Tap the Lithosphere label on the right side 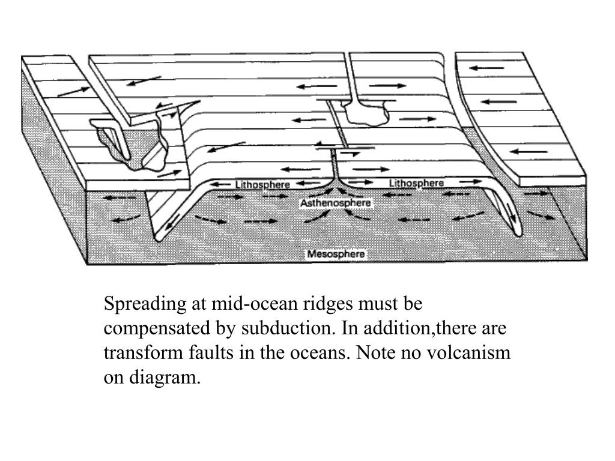[x=416, y=182]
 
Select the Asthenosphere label [x=336, y=203]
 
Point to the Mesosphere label [x=336, y=254]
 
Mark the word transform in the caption [x=135, y=352]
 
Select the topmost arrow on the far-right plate [x=486, y=68]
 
